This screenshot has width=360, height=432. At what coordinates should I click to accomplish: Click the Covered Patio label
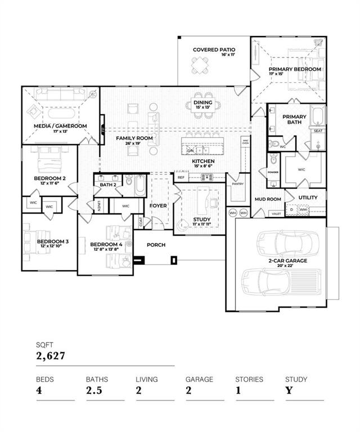tap(214, 49)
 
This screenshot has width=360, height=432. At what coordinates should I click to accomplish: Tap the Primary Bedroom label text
tap(294, 69)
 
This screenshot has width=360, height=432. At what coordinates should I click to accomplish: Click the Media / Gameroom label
tap(60, 126)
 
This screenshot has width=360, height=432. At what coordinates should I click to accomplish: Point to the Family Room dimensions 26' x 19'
tap(134, 143)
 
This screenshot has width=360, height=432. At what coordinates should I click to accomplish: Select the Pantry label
tap(237, 183)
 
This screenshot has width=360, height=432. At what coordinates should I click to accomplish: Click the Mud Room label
tap(267, 199)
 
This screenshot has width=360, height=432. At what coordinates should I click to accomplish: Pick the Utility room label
tap(308, 198)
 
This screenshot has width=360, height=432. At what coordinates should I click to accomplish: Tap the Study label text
tap(201, 219)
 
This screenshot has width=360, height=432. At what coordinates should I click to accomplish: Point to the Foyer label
tap(158, 206)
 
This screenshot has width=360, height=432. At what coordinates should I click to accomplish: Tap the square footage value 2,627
tap(51, 355)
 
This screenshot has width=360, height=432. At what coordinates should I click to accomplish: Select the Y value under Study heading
tap(289, 390)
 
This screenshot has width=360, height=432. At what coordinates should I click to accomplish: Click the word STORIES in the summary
tap(249, 379)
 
